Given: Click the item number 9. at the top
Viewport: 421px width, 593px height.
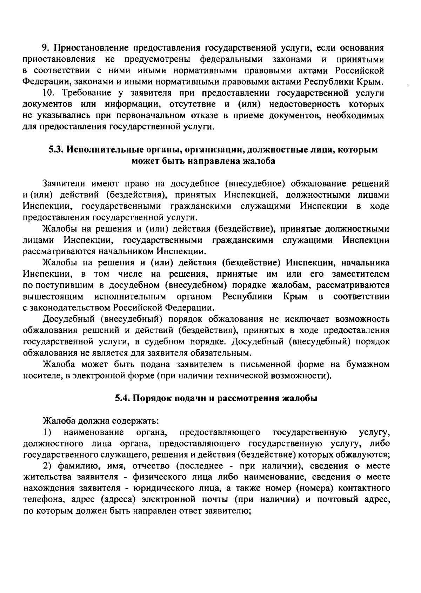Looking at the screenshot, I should click(x=45, y=48).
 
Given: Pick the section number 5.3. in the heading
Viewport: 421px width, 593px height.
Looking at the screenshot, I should click(x=56, y=150).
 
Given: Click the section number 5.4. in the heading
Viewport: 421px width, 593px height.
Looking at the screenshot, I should click(x=123, y=398).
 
